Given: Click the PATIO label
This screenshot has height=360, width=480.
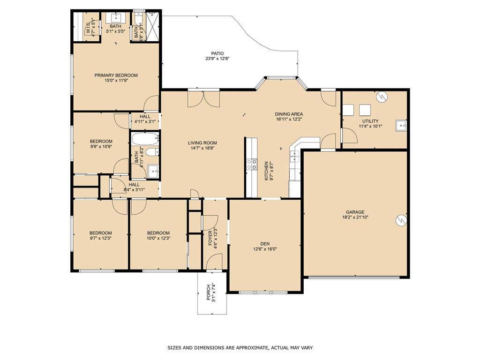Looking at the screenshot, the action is (x=217, y=53).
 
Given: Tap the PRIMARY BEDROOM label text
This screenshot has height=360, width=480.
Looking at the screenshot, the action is (x=116, y=75).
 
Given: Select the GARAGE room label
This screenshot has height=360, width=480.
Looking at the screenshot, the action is (x=355, y=212).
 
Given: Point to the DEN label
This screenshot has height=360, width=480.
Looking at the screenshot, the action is (x=265, y=244).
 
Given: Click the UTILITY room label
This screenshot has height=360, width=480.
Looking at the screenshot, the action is (x=370, y=121).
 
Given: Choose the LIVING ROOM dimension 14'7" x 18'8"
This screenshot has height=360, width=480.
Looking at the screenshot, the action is (x=202, y=148).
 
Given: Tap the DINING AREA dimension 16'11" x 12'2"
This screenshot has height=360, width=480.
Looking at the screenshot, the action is (x=289, y=120).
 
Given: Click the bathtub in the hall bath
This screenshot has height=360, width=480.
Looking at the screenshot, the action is (x=145, y=139).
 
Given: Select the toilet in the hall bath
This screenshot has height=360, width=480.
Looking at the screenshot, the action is (x=152, y=152).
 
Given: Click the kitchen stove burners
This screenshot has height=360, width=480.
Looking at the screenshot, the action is (x=252, y=164).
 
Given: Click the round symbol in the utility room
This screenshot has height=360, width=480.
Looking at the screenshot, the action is (x=382, y=97).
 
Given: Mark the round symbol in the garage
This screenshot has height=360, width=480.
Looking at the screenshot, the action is (x=401, y=220).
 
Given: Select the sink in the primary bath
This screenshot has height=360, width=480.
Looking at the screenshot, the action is (x=116, y=18).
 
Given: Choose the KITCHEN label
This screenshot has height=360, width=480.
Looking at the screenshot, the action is (x=266, y=171).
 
